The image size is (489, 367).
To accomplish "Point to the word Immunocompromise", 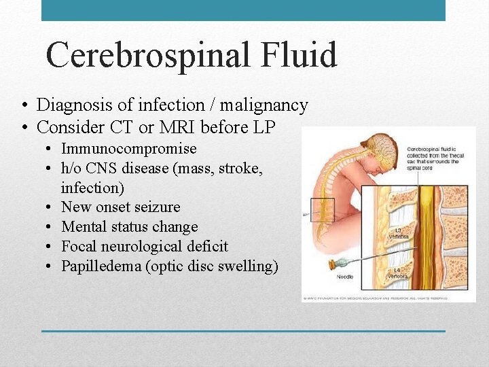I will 129,149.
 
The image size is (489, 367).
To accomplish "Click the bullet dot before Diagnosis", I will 24,106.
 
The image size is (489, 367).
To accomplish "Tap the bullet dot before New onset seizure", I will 51,207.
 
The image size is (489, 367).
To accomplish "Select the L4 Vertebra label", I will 398,274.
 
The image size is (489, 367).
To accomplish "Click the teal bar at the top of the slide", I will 243,10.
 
